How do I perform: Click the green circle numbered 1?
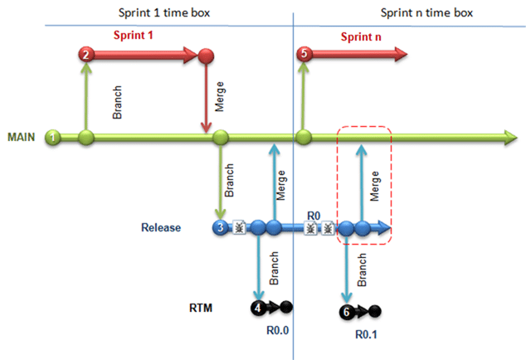pos(52,137)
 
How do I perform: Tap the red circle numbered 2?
pos(86,54)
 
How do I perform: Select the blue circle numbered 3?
pos(221,227)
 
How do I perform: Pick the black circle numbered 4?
pos(258,307)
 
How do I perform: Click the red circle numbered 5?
pos(304,54)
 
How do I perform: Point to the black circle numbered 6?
pos(347,312)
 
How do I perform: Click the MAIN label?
pos(21,137)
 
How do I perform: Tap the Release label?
pos(161,227)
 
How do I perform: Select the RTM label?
pos(201,308)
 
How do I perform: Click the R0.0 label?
pos(277,330)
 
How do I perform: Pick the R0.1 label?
pos(366,334)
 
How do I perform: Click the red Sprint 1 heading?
pos(134,35)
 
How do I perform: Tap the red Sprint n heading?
pos(361,36)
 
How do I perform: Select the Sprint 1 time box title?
pos(164,12)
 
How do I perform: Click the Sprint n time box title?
pos(426,12)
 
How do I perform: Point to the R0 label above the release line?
pos(314,216)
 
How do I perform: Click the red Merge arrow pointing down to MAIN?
pos(206,98)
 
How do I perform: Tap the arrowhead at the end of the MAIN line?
pos(511,138)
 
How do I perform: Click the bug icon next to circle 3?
pos(239,227)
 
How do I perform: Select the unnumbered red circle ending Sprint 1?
pos(206,56)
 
